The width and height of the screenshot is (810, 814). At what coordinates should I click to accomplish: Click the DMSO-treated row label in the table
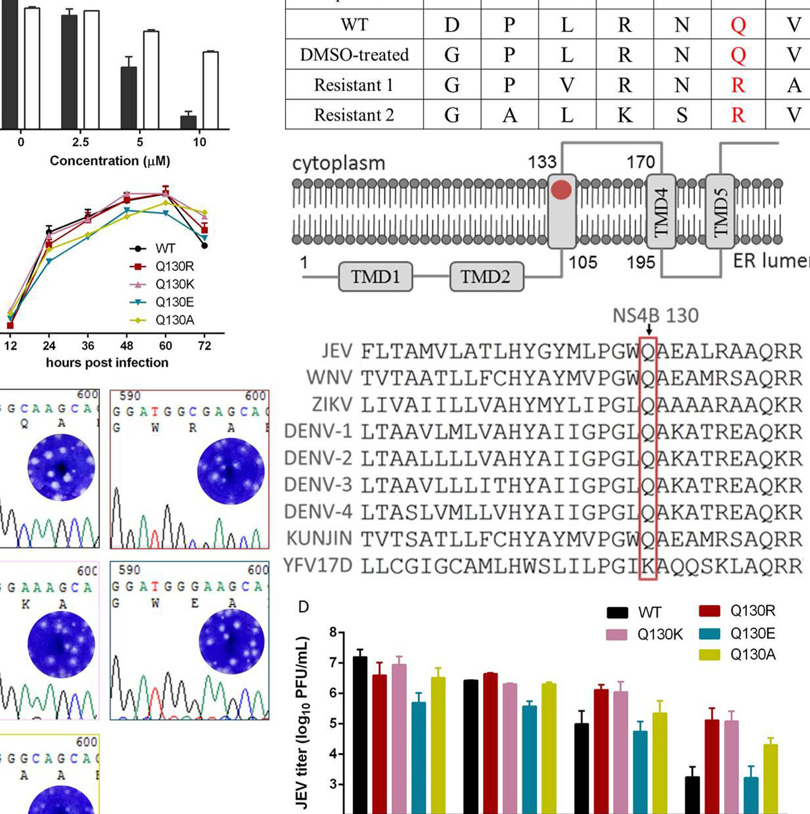354,55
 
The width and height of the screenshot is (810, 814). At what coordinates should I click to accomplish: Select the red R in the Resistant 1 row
738,85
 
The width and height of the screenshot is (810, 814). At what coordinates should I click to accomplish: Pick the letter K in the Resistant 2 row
625,115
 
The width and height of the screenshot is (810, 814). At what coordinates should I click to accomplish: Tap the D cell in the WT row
452,25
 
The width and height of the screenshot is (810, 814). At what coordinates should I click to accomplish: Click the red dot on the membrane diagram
561,190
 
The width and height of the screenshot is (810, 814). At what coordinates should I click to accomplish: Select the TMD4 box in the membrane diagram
661,212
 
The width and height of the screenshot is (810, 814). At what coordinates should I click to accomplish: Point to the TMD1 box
375,277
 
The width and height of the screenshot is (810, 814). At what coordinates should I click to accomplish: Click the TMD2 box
486,277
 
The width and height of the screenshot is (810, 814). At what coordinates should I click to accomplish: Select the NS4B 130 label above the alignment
655,315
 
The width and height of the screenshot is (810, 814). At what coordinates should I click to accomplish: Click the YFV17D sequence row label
318,566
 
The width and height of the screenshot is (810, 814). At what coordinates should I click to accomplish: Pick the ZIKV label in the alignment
332,405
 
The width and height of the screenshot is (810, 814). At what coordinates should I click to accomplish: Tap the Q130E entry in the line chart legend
174,302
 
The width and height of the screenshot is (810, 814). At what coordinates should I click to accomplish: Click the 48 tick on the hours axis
127,346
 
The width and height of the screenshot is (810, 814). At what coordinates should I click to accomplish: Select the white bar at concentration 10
210,90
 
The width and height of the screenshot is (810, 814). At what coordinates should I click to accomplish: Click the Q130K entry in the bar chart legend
660,634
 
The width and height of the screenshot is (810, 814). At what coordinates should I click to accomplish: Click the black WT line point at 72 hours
205,246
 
